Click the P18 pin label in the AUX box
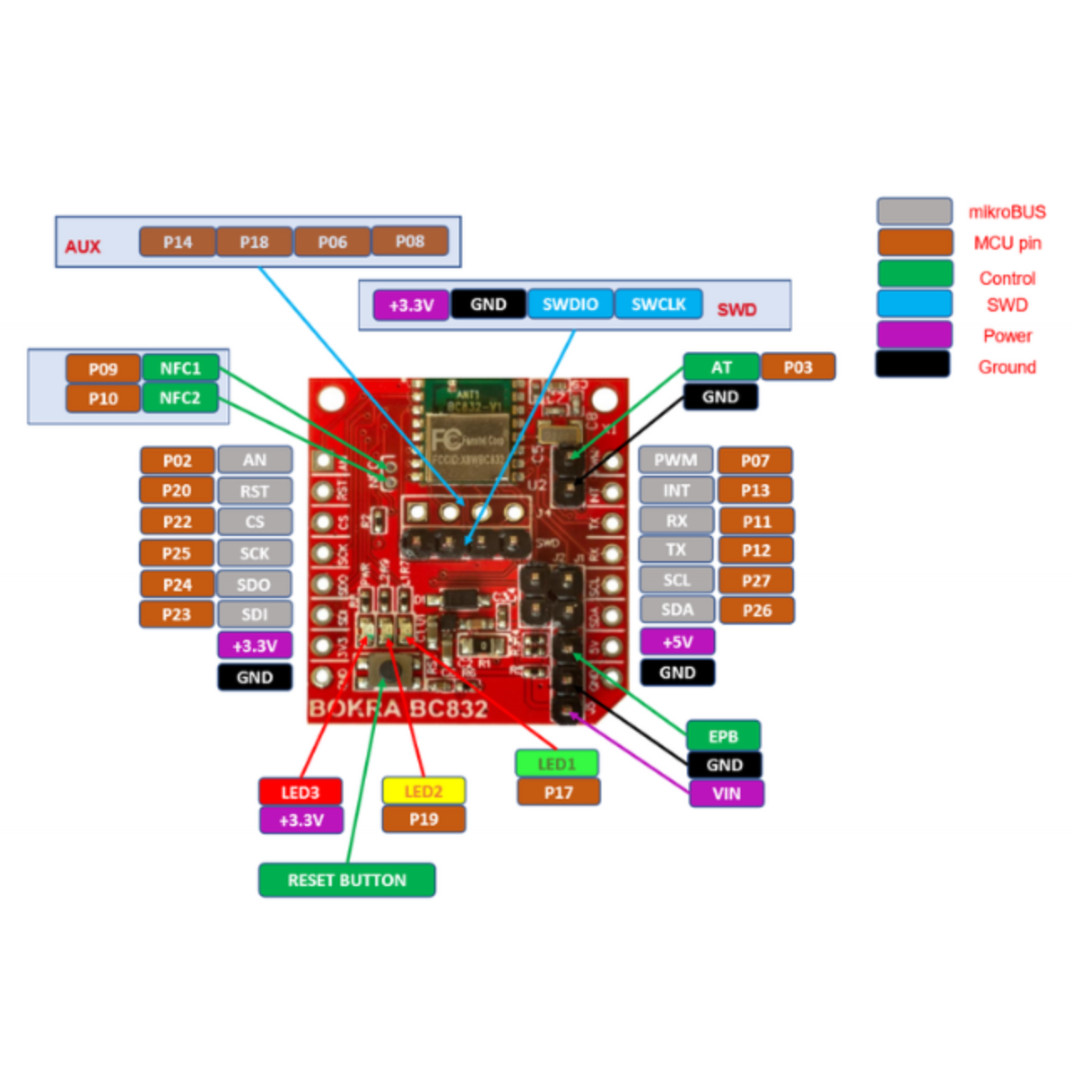click(255, 242)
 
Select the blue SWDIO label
click(570, 304)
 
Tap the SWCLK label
click(658, 304)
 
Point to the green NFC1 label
click(180, 368)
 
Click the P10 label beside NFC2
click(103, 399)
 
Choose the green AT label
click(721, 367)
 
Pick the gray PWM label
click(676, 460)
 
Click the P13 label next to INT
click(755, 490)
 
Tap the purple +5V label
click(678, 642)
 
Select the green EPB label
click(724, 736)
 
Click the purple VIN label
click(726, 793)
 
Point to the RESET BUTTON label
click(347, 880)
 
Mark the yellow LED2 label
click(423, 791)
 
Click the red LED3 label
click(300, 792)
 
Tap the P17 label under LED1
click(559, 792)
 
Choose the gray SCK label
click(255, 553)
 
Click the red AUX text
click(83, 247)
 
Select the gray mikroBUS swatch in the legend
click(915, 211)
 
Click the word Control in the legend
click(1007, 278)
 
